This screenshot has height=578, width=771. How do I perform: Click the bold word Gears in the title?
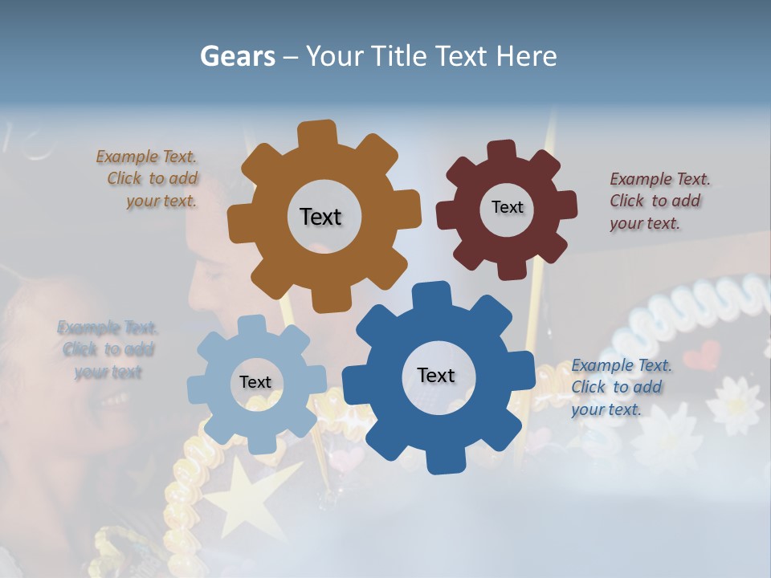tap(237, 56)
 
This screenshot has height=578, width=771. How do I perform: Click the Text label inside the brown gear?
tap(320, 217)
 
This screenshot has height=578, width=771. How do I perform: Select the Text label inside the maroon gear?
tap(507, 207)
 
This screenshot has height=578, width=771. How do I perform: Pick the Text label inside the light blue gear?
tap(255, 382)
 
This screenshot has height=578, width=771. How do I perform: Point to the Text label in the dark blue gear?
tap(436, 375)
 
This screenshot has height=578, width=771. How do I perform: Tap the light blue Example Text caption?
tap(108, 349)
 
